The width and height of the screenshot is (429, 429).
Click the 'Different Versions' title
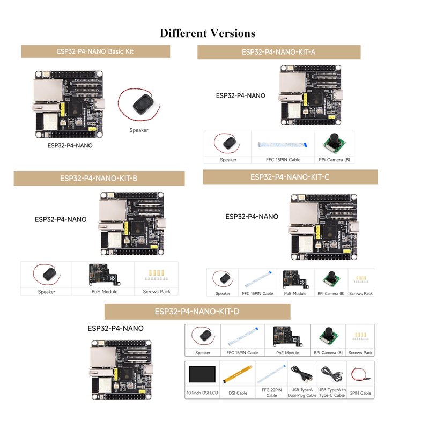coord(208,33)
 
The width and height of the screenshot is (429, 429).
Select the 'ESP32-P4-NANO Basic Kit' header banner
coord(95,51)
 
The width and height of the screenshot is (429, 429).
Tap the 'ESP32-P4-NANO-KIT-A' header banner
coord(278,52)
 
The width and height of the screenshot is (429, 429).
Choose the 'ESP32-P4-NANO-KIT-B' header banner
coord(99,178)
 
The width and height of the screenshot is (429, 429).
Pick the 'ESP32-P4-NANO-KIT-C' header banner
coord(290,177)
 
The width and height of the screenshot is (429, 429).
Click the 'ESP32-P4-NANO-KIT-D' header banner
coord(197,311)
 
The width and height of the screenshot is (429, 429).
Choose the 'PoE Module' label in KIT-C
coord(295,293)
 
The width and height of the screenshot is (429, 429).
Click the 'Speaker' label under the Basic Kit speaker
coord(139,130)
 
